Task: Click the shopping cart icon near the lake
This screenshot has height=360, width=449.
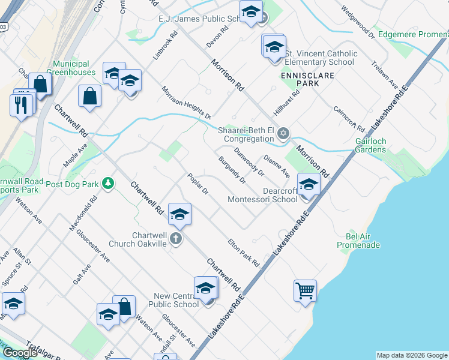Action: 305,291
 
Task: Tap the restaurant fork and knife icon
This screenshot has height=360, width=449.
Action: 20,105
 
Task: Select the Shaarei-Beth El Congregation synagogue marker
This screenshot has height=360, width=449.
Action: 283,133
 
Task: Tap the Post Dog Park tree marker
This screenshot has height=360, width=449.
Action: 107,182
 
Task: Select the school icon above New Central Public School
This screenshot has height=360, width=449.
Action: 205,288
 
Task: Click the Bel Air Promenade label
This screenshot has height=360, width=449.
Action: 358,241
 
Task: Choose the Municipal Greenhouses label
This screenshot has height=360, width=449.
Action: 74,68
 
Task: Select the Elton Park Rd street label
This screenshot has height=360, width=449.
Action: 243,253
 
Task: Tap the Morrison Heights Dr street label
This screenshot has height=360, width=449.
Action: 186,102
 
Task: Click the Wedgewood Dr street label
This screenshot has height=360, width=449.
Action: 357,23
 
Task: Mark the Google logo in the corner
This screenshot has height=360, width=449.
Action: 20,353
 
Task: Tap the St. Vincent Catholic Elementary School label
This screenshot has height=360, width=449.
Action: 321,58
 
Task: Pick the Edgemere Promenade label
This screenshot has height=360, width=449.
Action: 413,34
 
